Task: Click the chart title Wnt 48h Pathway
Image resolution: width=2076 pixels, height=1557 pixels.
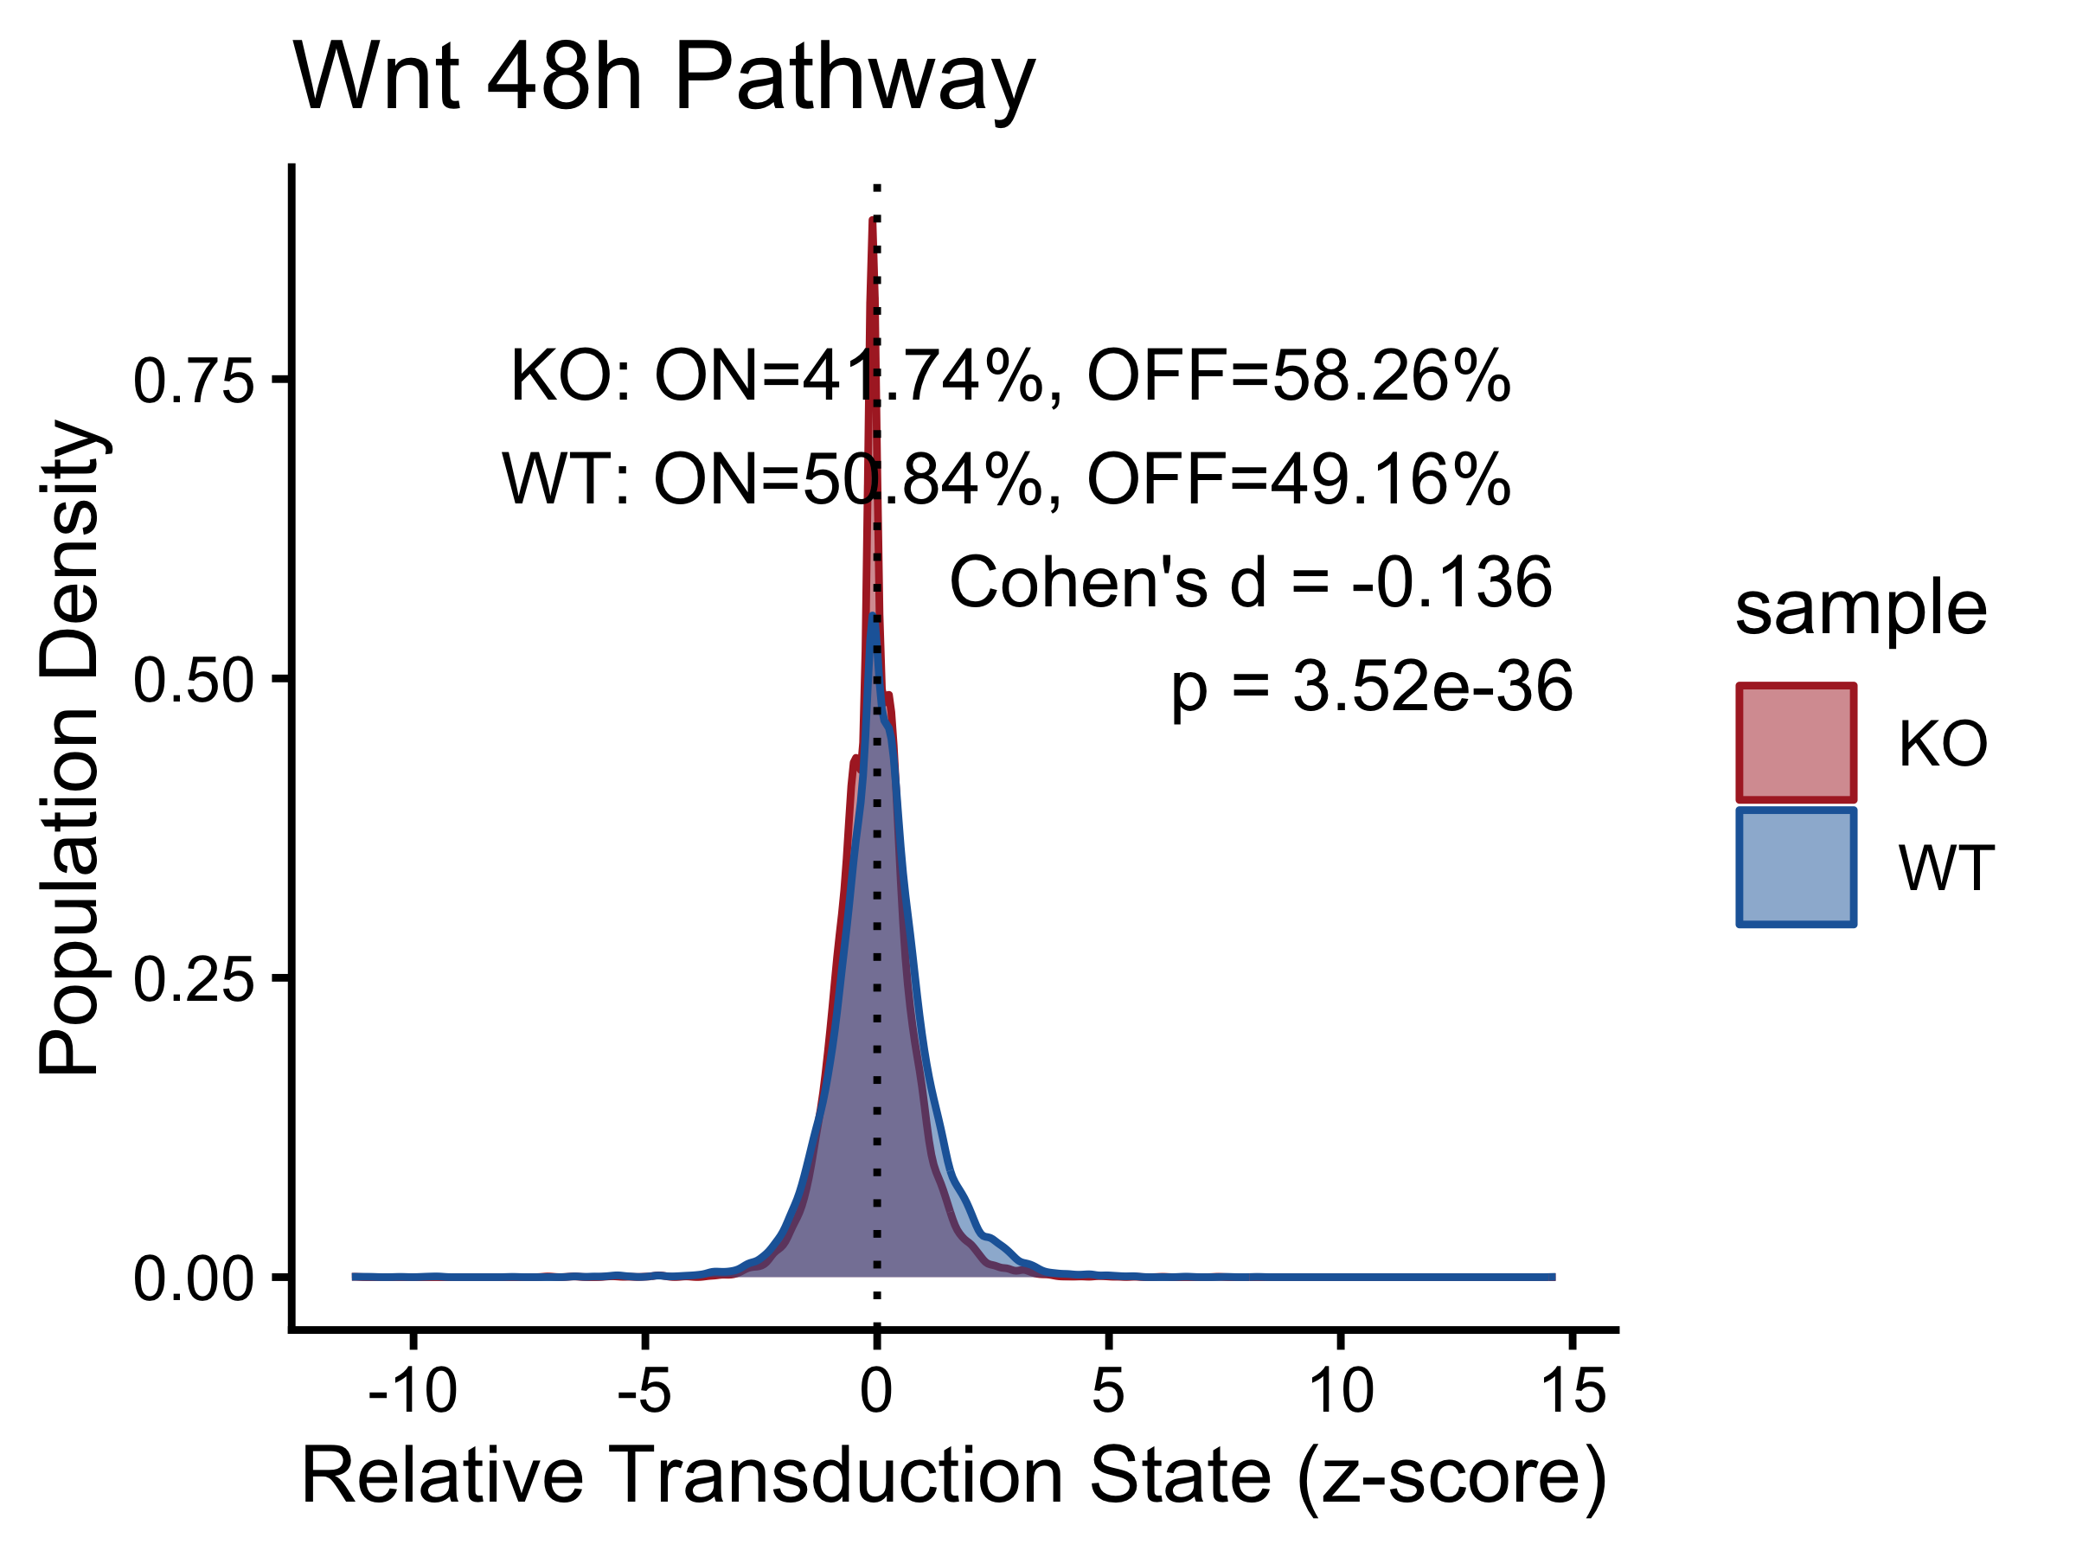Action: pyautogui.click(x=663, y=80)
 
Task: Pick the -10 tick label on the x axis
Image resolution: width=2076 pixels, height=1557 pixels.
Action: pyautogui.click(x=413, y=1391)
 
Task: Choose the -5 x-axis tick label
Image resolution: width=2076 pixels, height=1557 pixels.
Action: pyautogui.click(x=644, y=1391)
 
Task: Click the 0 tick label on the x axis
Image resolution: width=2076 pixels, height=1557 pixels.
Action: pyautogui.click(x=876, y=1391)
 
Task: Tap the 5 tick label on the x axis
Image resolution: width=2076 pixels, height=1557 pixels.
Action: pyautogui.click(x=1108, y=1391)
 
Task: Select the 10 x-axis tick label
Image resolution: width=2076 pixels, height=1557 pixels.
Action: pyautogui.click(x=1341, y=1391)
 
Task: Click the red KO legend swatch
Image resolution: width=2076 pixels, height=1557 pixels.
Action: pyautogui.click(x=1797, y=743)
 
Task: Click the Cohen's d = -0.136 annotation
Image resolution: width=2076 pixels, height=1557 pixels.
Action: pyautogui.click(x=1251, y=583)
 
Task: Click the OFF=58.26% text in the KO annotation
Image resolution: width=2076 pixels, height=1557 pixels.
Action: pyautogui.click(x=1299, y=376)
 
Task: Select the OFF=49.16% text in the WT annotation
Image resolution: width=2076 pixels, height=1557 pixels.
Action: pyautogui.click(x=1299, y=479)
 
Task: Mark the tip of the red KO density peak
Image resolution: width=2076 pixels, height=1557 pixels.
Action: pyautogui.click(x=873, y=219)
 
